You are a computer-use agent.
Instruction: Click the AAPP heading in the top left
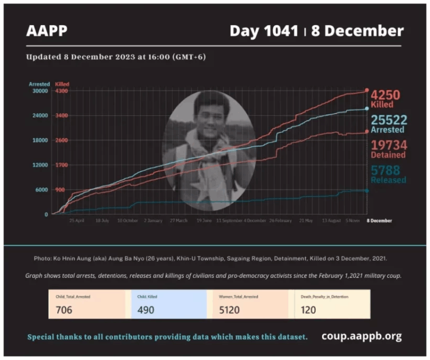[x=46, y=31]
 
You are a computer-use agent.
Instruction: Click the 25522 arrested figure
[x=387, y=120]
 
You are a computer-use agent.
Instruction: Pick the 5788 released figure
[x=386, y=170]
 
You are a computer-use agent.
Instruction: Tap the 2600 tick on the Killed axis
[x=62, y=140]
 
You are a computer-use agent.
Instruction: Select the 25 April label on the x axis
[x=76, y=221]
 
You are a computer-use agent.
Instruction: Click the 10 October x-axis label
[x=128, y=221]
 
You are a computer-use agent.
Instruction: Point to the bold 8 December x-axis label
[x=380, y=221]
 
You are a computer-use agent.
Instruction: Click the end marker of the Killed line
[x=367, y=90]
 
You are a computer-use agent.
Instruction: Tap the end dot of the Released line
[x=367, y=190]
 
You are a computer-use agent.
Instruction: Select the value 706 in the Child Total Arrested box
[x=64, y=310]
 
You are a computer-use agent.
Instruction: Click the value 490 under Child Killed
[x=146, y=310]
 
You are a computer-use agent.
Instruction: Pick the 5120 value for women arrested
[x=230, y=310]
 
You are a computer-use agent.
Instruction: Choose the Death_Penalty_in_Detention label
[x=322, y=297]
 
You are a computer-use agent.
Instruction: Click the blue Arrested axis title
[x=39, y=84]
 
